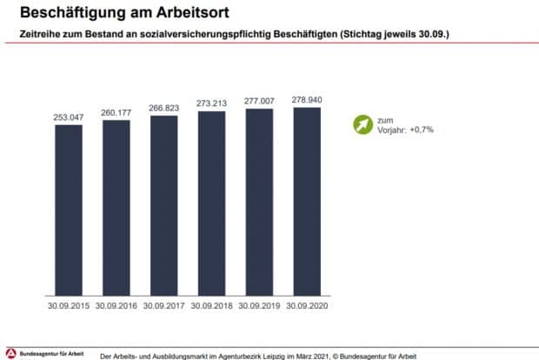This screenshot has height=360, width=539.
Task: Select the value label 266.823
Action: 164,106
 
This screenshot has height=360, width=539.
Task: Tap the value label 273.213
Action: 212,103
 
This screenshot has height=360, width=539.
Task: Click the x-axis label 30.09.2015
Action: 69,306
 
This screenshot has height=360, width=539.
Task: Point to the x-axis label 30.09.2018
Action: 212,306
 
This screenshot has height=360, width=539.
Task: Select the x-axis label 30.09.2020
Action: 308,306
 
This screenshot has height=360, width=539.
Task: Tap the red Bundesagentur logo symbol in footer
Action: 10,353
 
